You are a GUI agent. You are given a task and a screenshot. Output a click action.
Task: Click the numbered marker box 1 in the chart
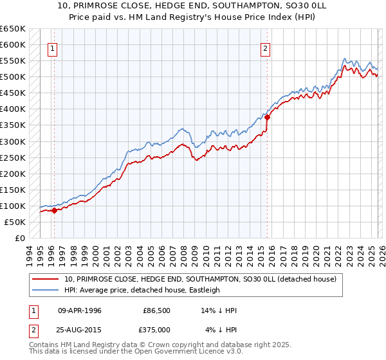(x=52, y=47)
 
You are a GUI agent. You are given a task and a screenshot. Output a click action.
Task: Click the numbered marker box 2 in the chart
(x=265, y=47)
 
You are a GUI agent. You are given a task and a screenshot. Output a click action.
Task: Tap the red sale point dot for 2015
(x=267, y=117)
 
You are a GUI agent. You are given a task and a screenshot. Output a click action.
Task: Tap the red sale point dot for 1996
(x=54, y=210)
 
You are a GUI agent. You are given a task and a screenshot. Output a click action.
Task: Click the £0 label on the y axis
(x=19, y=238)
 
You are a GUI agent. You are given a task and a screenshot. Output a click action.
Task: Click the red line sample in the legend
(x=46, y=280)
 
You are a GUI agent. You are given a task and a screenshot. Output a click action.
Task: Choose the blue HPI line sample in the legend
(x=46, y=290)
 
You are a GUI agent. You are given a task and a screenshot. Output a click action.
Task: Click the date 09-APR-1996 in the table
(x=80, y=310)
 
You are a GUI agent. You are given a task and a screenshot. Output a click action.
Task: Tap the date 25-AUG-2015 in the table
(x=80, y=330)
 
